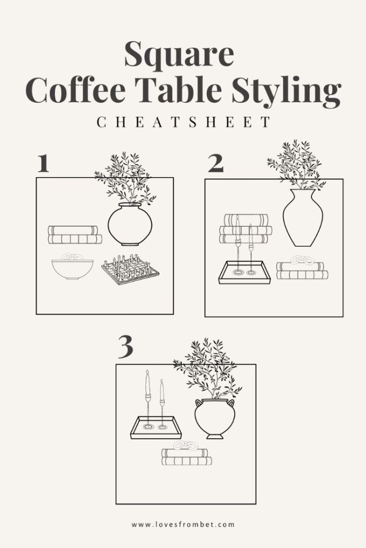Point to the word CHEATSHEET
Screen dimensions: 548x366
point(184,123)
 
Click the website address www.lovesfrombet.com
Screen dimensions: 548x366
point(183,524)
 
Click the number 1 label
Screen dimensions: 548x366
point(43,164)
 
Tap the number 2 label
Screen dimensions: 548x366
point(215,164)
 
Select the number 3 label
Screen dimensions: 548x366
point(125,348)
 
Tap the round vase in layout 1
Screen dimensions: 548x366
point(130,224)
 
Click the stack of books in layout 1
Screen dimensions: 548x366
point(74,234)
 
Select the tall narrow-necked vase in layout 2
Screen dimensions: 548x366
point(303,218)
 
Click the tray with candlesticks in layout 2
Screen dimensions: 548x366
point(241,271)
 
